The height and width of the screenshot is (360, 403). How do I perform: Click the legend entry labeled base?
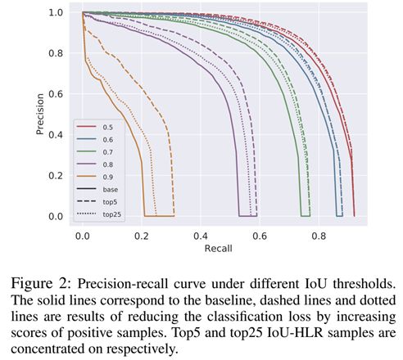(x=97, y=189)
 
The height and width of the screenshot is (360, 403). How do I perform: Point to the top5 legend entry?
(x=97, y=202)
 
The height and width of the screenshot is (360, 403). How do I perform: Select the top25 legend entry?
(x=99, y=214)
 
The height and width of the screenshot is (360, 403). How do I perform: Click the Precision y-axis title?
(x=40, y=114)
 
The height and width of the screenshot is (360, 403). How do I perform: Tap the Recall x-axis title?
(x=219, y=249)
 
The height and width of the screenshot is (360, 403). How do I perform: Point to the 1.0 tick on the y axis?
(x=56, y=12)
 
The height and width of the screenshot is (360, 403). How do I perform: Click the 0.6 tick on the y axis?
(x=56, y=94)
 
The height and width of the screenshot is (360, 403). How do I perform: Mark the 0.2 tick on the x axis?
(x=142, y=236)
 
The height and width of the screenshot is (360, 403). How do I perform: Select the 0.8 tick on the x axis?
(x=319, y=236)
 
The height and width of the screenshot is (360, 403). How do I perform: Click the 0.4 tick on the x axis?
(x=201, y=236)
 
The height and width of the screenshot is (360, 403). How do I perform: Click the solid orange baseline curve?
(x=120, y=112)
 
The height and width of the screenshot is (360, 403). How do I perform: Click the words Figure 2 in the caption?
(x=41, y=284)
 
